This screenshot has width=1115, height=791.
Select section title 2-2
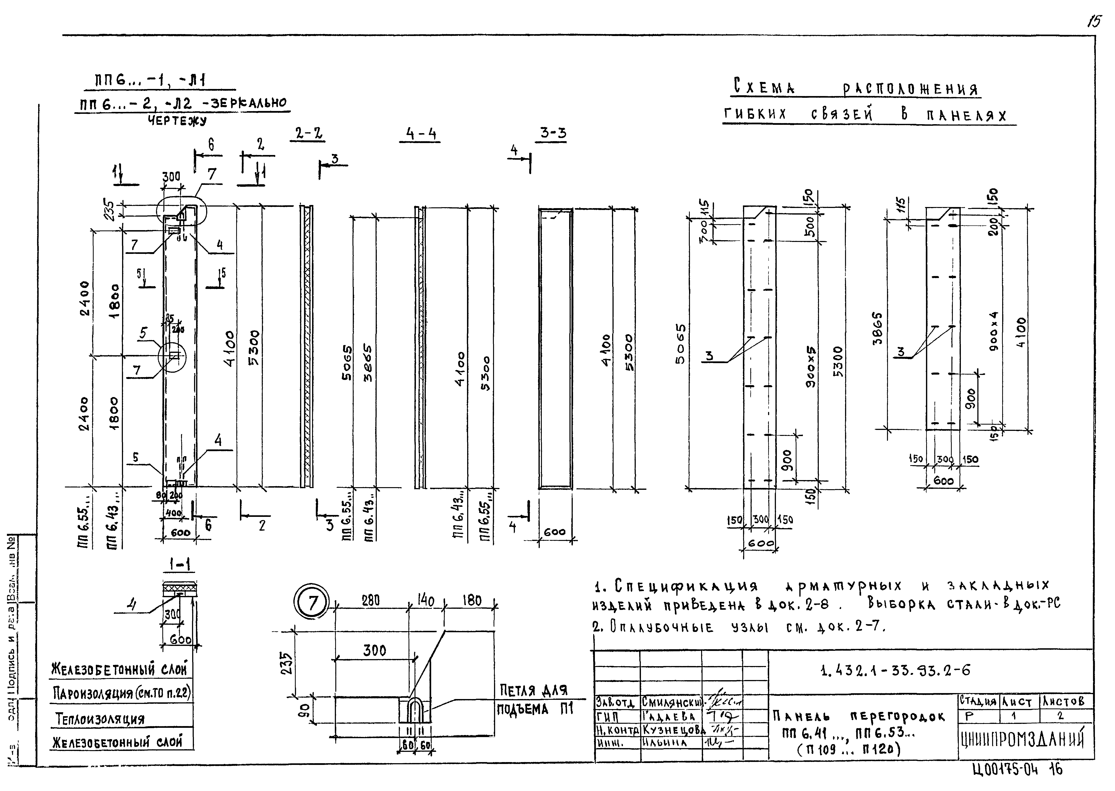point(309,133)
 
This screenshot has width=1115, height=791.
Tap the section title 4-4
point(420,134)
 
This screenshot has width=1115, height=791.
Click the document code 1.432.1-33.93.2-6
point(895,671)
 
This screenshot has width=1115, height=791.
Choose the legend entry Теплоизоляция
point(100,718)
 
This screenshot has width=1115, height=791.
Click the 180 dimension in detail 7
point(471,600)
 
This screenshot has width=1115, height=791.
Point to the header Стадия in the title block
point(978,702)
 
